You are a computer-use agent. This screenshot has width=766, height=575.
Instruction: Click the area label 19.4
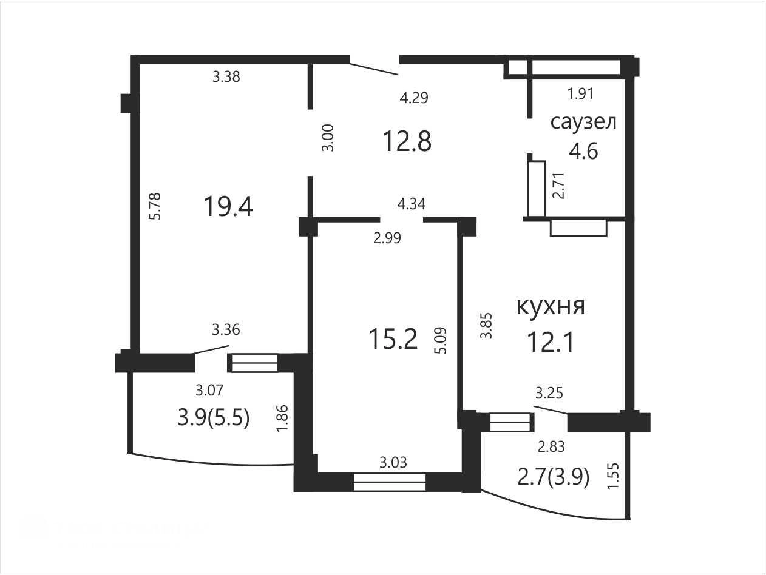228,206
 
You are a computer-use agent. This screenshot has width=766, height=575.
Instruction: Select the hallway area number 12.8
407,141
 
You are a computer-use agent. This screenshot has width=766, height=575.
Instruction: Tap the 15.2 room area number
393,339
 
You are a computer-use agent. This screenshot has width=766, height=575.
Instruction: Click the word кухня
551,306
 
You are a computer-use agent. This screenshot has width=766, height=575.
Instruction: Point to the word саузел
583,122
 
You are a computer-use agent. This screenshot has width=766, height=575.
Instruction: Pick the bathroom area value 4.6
583,152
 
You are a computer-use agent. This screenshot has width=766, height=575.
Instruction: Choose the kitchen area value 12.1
551,342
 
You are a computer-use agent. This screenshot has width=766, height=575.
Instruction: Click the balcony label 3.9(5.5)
214,418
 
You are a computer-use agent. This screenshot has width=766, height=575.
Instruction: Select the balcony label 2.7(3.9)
554,477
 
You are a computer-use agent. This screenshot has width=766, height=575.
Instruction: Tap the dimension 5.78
155,206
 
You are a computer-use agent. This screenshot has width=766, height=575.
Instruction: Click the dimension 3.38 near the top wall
226,76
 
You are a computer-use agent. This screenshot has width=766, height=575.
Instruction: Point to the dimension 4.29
414,98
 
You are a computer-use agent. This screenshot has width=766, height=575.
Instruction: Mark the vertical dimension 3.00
328,138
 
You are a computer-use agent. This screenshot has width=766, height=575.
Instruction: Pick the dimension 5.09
441,340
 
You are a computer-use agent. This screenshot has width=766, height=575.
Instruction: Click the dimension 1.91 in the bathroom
581,93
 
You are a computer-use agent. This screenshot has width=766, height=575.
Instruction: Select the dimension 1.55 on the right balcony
613,476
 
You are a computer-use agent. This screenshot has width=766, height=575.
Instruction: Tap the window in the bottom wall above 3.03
390,482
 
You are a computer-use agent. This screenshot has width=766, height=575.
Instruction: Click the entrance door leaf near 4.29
374,69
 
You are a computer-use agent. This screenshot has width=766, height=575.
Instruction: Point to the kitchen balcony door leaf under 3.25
551,409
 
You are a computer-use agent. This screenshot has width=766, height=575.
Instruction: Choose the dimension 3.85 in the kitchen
486,325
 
